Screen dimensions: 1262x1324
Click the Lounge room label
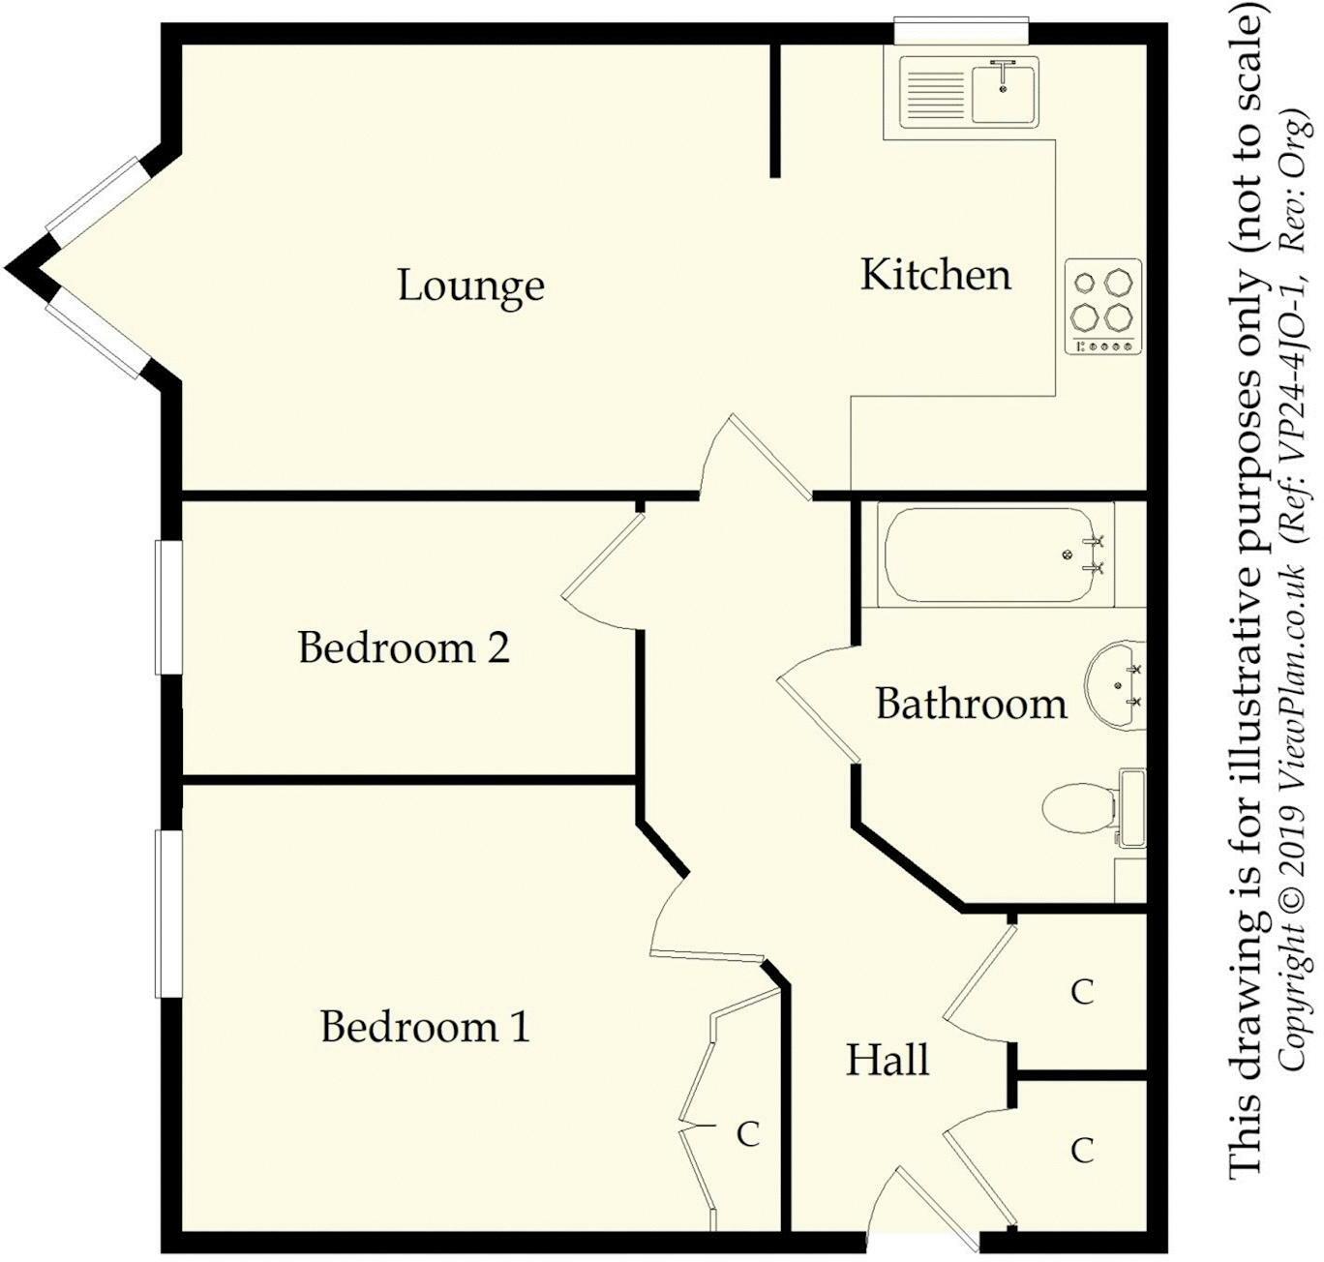coord(471,286)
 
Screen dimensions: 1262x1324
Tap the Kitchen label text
coord(936,275)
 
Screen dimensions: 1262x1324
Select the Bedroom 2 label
coord(404,647)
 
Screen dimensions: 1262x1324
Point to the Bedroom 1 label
coord(426,1027)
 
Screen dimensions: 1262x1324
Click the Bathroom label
coord(971,704)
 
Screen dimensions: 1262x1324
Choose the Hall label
coord(888,1060)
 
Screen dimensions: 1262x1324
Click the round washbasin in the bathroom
coord(1113,684)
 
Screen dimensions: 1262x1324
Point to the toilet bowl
coord(1076,808)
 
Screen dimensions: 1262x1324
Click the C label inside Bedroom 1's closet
coord(747,1134)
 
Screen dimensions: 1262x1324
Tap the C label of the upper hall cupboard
coord(1081,992)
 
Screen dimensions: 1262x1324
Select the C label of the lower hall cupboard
coord(1081,1150)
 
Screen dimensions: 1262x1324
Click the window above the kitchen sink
coord(959,30)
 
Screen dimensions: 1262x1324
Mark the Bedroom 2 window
coord(169,607)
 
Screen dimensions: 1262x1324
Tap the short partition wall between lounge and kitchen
coord(775,110)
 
